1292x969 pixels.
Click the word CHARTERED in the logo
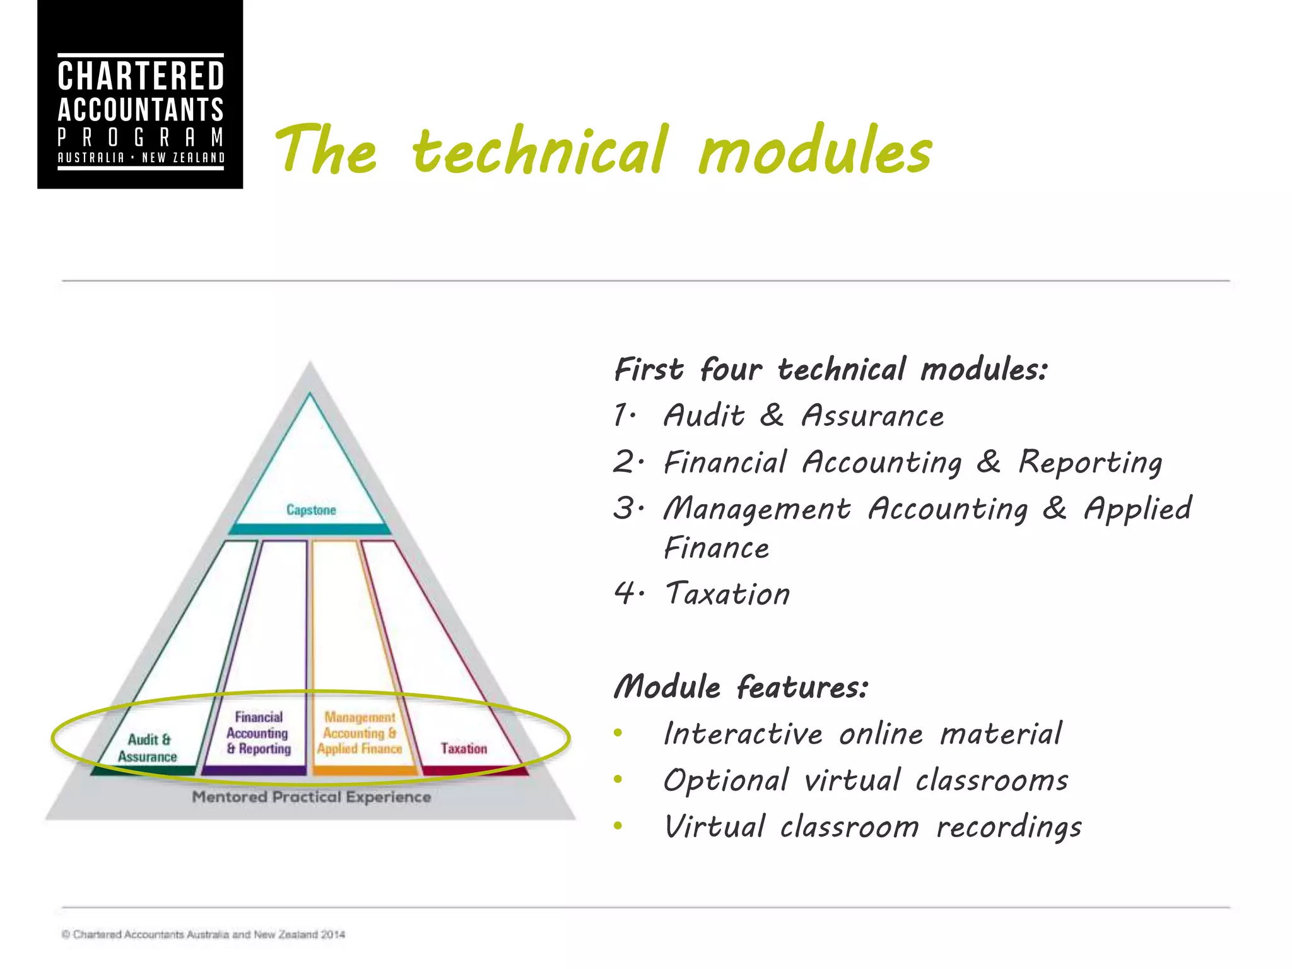(141, 76)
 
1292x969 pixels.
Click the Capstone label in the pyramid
(311, 510)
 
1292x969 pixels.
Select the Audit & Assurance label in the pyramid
(148, 748)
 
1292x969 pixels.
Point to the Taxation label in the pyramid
(464, 749)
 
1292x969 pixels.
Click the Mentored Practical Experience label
(312, 797)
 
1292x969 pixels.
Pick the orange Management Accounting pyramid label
(360, 733)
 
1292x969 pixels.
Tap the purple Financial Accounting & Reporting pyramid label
(259, 733)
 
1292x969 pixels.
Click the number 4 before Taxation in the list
(625, 594)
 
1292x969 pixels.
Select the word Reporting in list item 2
(1090, 462)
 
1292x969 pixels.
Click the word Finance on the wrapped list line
(717, 548)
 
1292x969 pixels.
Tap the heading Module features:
(741, 687)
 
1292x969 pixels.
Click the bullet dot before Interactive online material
(618, 733)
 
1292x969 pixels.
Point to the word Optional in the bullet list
(725, 780)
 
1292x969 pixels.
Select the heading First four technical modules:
(830, 369)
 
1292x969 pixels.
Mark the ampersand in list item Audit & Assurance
(772, 415)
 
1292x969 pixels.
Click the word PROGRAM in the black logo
(141, 137)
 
